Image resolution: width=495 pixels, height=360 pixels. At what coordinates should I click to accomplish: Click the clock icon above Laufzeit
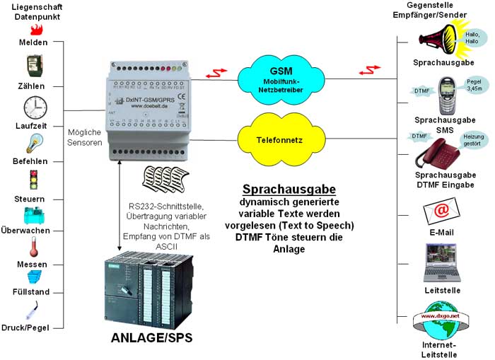[35, 108]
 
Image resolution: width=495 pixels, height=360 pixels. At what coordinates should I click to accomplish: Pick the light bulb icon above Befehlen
[33, 144]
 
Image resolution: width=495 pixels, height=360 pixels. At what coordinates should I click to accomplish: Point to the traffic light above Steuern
[33, 179]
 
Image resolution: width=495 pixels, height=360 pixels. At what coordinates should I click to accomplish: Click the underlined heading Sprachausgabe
[289, 190]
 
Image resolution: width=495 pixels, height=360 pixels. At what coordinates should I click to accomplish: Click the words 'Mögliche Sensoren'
[86, 137]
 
